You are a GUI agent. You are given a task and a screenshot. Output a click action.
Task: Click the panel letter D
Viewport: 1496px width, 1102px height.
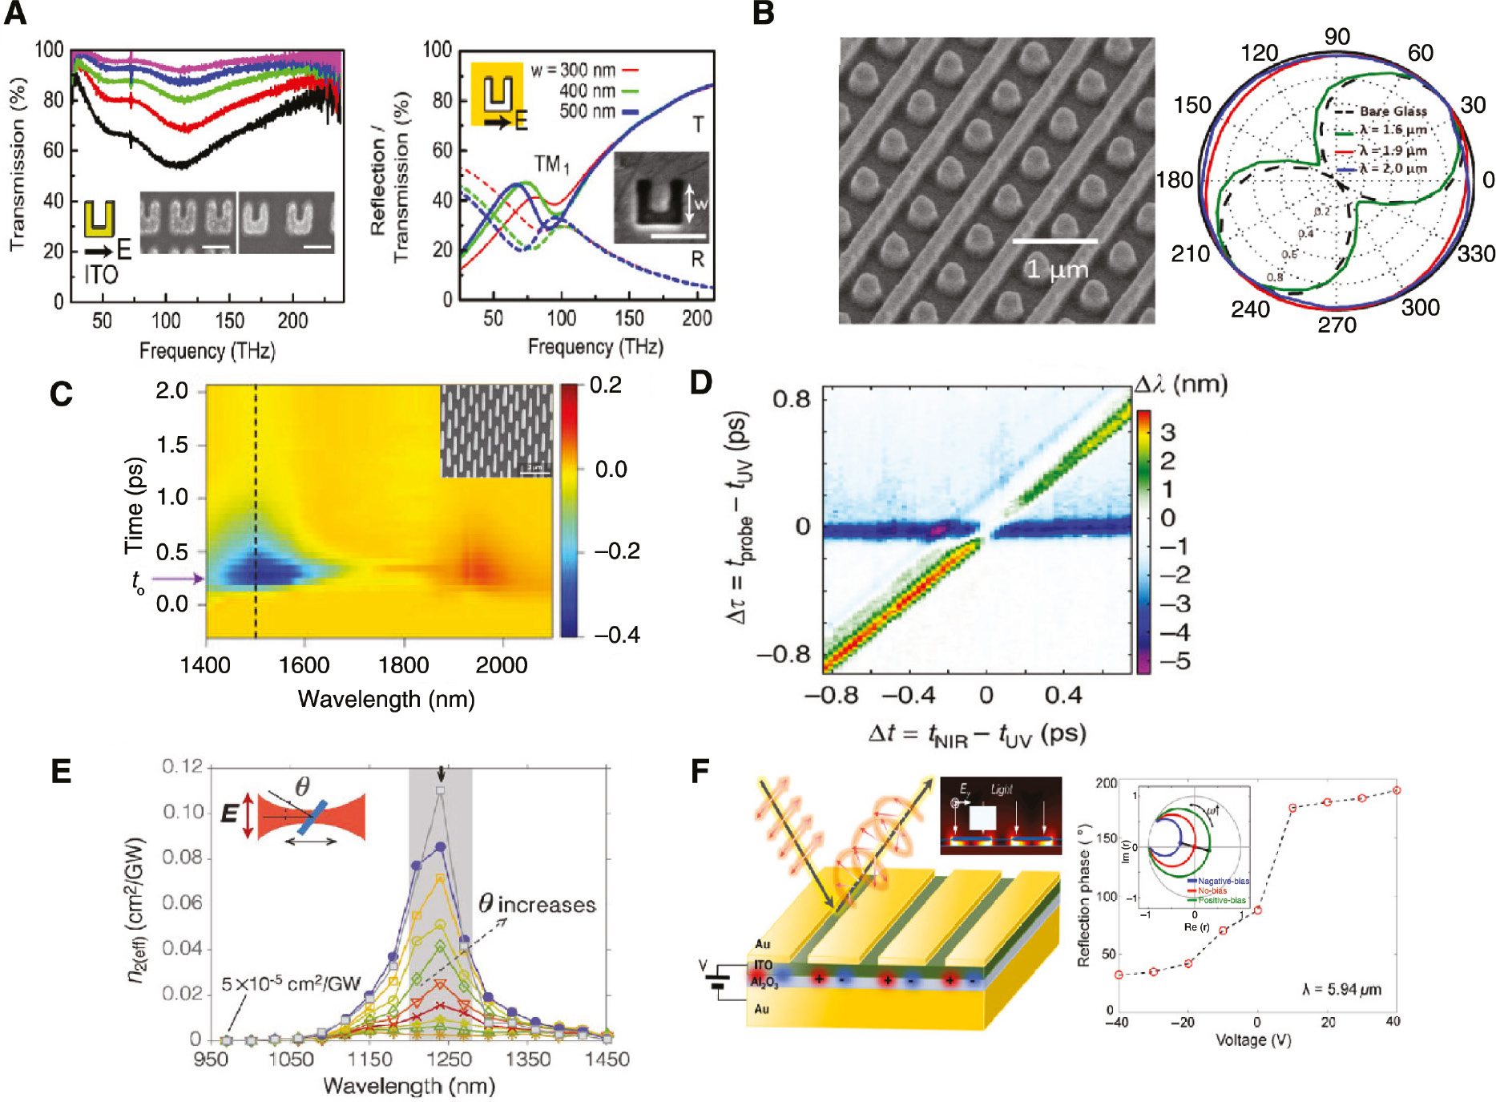(x=701, y=383)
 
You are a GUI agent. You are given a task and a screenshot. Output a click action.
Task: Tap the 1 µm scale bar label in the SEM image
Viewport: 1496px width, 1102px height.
(x=1058, y=269)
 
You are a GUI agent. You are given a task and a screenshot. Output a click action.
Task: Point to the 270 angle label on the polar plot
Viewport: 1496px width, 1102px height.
(x=1337, y=325)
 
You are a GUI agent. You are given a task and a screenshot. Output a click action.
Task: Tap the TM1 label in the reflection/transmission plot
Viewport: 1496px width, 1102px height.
(x=551, y=165)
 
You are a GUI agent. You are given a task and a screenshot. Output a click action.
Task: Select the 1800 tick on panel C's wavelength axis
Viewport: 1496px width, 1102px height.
(x=403, y=665)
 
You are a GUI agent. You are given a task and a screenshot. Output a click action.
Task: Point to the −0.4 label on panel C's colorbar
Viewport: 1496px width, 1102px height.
(x=617, y=635)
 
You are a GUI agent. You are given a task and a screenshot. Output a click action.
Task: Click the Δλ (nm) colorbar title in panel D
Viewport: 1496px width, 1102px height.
(x=1180, y=385)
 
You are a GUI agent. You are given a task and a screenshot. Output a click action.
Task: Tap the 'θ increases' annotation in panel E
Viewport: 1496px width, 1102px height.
(x=537, y=905)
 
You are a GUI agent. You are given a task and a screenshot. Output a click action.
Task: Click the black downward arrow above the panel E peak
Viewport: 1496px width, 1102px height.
(x=440, y=774)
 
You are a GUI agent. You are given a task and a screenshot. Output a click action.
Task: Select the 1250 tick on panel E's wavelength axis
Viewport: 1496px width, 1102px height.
(x=448, y=1060)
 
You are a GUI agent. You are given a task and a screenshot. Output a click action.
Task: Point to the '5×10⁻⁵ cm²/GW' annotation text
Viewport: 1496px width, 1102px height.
(x=291, y=983)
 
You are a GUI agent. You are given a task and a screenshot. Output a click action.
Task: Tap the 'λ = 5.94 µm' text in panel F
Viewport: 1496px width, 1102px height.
(x=1341, y=989)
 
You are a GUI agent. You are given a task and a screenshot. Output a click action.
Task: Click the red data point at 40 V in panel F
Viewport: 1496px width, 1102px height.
(x=1396, y=790)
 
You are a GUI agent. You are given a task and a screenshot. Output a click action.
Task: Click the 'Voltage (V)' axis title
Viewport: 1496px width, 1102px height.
(x=1253, y=1040)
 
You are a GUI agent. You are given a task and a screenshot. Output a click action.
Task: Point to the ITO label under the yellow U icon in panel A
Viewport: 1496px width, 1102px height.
(x=101, y=275)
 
